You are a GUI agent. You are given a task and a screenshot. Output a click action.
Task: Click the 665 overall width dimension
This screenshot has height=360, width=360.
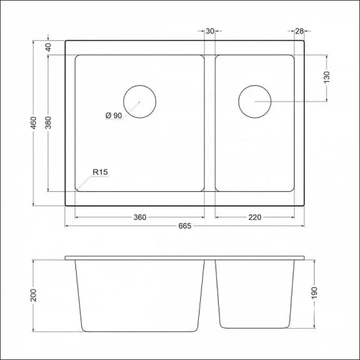[x=185, y=226]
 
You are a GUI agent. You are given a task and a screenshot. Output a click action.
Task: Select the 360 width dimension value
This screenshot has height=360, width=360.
[x=140, y=217]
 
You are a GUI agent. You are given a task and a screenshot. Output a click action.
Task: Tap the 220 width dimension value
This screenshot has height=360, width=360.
[x=255, y=217]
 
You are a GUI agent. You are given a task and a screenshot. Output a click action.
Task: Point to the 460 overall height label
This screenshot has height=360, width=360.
[x=33, y=123]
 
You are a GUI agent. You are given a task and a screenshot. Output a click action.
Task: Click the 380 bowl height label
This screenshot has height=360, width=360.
[x=48, y=122]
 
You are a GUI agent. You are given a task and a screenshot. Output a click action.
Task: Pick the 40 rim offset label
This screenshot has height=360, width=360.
[x=48, y=47]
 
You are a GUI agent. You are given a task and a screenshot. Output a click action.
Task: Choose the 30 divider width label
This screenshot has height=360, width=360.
[x=210, y=31]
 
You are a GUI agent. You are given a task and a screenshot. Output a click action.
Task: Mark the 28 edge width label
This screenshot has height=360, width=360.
[x=299, y=31]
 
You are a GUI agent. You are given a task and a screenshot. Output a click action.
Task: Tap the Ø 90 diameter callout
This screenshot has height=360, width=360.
[x=114, y=116]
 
